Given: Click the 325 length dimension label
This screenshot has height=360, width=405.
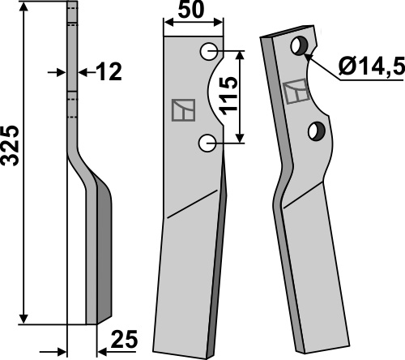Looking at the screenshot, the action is point(11,145).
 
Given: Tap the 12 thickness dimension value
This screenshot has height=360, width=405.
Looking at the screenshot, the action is point(109,71).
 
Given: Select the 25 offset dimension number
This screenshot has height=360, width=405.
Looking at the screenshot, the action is point(124,339).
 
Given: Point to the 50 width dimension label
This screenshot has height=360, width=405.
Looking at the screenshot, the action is point(191,10).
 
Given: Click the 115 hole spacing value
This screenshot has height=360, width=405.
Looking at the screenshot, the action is point(228,96).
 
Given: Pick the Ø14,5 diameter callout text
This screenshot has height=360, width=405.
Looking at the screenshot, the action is point(372,66).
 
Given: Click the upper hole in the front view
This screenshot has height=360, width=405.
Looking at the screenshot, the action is point(209,51).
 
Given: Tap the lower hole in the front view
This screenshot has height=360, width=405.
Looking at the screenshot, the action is point(207,143).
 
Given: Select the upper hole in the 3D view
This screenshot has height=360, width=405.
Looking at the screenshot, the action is point(300,45).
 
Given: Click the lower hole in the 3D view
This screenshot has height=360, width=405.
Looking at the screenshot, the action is point(317,131).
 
